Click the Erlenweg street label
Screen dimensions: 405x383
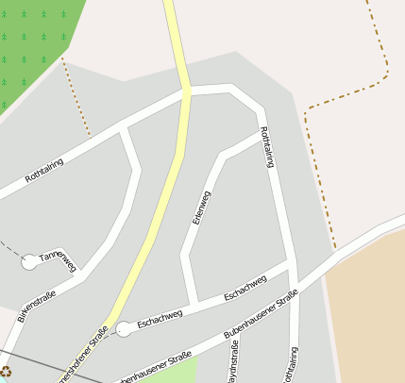click(201, 207)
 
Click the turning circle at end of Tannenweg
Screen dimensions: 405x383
click(30, 261)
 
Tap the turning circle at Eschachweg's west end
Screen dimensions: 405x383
click(124, 328)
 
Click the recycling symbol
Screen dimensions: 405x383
click(6, 373)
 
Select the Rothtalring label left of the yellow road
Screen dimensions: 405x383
click(44, 170)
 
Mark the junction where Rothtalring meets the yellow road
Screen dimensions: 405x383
click(187, 92)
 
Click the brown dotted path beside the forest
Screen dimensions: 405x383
click(76, 94)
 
